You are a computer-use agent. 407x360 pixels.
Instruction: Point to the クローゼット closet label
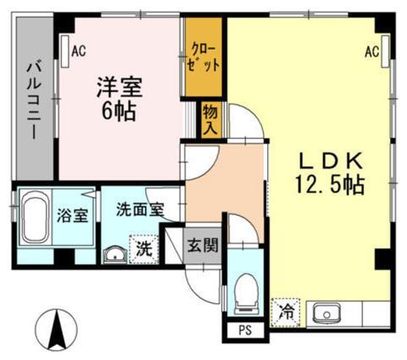(x=204, y=57)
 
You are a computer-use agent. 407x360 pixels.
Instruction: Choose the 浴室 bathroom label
(x=72, y=214)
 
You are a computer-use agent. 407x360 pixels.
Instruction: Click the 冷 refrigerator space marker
(x=286, y=312)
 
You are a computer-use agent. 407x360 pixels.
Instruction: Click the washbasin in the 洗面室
(x=114, y=252)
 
